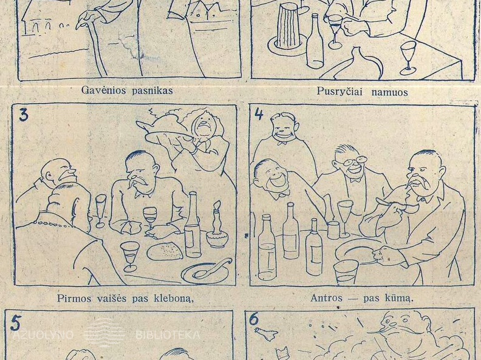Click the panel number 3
(23, 115)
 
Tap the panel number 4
(259, 114)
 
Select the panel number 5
(15, 324)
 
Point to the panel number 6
(254, 319)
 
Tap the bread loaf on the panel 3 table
(165, 251)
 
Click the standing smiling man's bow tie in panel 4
(282, 142)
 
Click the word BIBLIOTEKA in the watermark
(168, 335)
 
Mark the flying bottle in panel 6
(266, 334)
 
